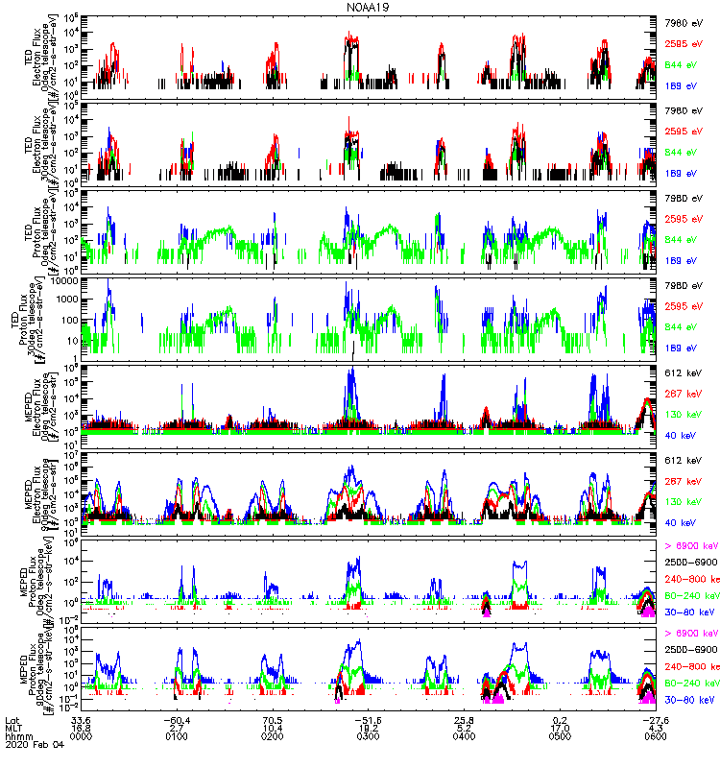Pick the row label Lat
(x=12, y=719)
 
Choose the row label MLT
(x=13, y=729)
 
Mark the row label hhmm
(x=17, y=738)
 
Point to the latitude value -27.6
(x=656, y=719)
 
